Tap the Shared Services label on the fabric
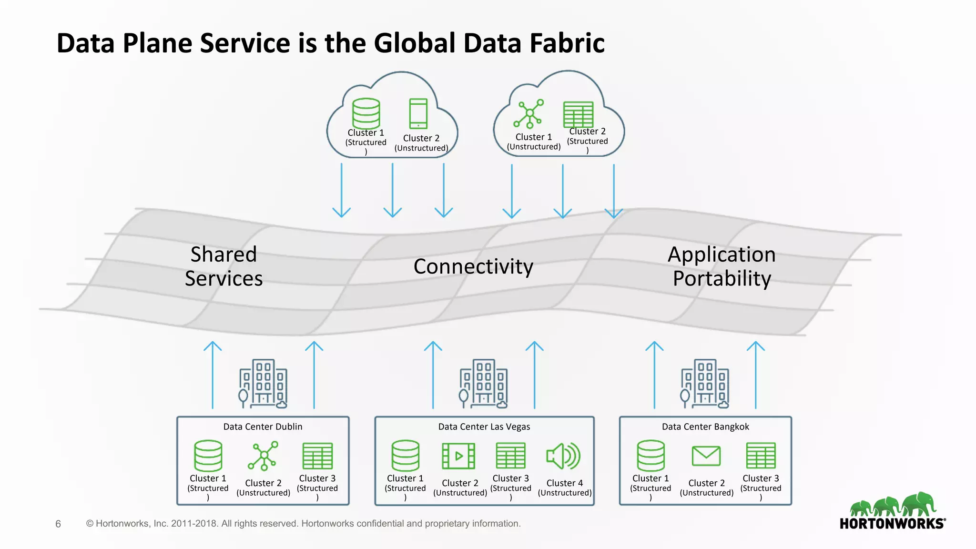[x=224, y=266]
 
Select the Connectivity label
[x=473, y=266]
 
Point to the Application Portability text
[x=722, y=266]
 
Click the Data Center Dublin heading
[x=263, y=427]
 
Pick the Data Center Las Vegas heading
[x=484, y=427]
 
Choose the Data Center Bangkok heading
[x=705, y=427]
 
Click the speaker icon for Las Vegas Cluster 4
[x=563, y=456]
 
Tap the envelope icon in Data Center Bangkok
[x=706, y=456]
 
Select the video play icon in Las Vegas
[x=458, y=456]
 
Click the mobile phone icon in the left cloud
[x=418, y=113]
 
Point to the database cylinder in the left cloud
[x=366, y=113]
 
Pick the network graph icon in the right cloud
[x=529, y=113]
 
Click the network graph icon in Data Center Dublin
[x=263, y=456]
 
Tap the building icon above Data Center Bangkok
[x=705, y=384]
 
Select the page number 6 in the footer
[x=58, y=524]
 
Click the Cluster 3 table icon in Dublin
[x=317, y=456]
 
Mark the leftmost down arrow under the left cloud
[x=341, y=191]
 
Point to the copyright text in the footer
[x=303, y=524]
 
